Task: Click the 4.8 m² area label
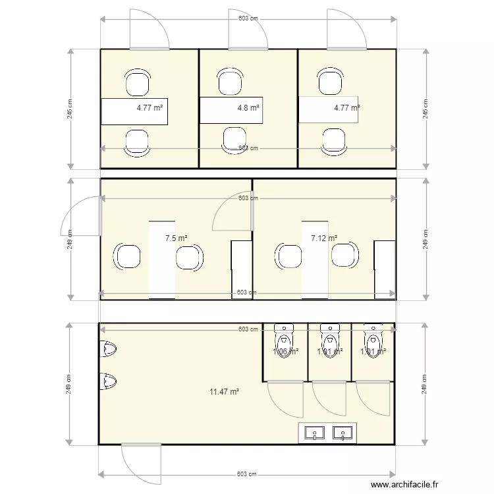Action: tap(248, 107)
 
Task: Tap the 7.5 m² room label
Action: tap(176, 238)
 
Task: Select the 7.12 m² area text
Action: tap(324, 238)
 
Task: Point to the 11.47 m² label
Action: tap(224, 391)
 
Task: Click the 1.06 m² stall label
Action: tap(285, 352)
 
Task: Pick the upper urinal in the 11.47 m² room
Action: tap(108, 350)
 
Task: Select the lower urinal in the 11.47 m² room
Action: tap(108, 381)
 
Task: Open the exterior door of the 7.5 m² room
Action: tap(81, 216)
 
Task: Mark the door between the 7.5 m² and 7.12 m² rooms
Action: tap(233, 211)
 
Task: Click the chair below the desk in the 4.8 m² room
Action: tap(235, 140)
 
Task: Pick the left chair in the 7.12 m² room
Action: tap(287, 256)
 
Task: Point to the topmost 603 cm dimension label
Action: tap(248, 19)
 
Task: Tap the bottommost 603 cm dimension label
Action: tap(247, 474)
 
